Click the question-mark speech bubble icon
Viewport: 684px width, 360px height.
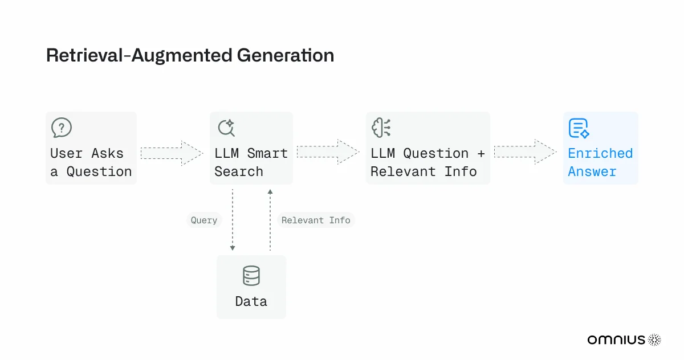pyautogui.click(x=62, y=128)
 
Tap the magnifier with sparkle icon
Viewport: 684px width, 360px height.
pyautogui.click(x=226, y=128)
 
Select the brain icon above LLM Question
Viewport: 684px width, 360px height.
pyautogui.click(x=381, y=128)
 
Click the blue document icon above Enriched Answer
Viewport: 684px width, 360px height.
pyautogui.click(x=579, y=128)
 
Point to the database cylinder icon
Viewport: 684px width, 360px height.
pyautogui.click(x=251, y=276)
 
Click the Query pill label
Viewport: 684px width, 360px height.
pyautogui.click(x=204, y=220)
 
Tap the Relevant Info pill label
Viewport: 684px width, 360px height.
pyautogui.click(x=316, y=220)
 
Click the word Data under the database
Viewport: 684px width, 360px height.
pyautogui.click(x=251, y=301)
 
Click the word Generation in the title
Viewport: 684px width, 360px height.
pyautogui.click(x=286, y=55)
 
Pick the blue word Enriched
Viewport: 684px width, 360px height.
pyautogui.click(x=600, y=153)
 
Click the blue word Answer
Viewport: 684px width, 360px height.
pyautogui.click(x=592, y=171)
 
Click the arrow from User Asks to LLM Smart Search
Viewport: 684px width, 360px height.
pyautogui.click(x=172, y=153)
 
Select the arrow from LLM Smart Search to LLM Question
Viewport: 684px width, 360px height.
pyautogui.click(x=328, y=152)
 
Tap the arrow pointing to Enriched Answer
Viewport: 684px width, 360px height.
pyautogui.click(x=525, y=152)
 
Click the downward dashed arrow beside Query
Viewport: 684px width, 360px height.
pyautogui.click(x=233, y=220)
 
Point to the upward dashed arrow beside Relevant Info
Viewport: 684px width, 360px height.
pyautogui.click(x=270, y=220)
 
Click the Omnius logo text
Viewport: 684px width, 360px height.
pyautogui.click(x=616, y=339)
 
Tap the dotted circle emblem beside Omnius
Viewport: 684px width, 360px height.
pyautogui.click(x=654, y=339)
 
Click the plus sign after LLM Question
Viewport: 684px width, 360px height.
pyautogui.click(x=481, y=153)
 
